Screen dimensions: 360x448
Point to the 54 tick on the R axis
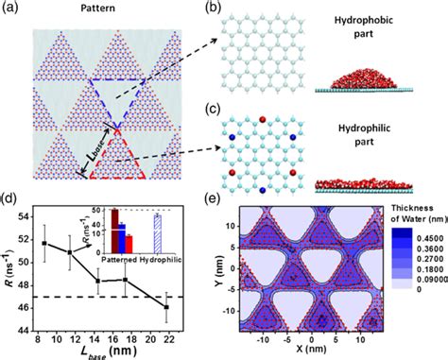26,222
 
